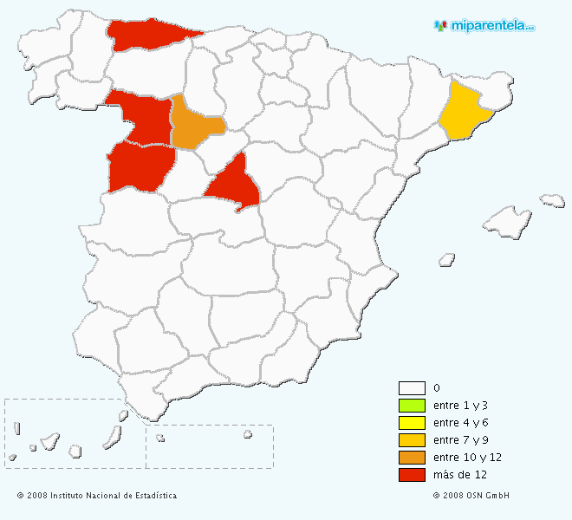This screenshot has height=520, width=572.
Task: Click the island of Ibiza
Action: [x=447, y=258]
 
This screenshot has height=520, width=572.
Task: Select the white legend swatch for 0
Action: [x=412, y=388]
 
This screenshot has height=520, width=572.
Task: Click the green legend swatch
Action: [x=412, y=406]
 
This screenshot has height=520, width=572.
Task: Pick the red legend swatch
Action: [x=412, y=474]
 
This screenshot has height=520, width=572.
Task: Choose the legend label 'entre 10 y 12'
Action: [x=467, y=457]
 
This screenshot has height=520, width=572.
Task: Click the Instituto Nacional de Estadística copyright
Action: [x=96, y=496]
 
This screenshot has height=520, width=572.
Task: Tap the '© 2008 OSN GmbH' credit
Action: [x=471, y=496]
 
